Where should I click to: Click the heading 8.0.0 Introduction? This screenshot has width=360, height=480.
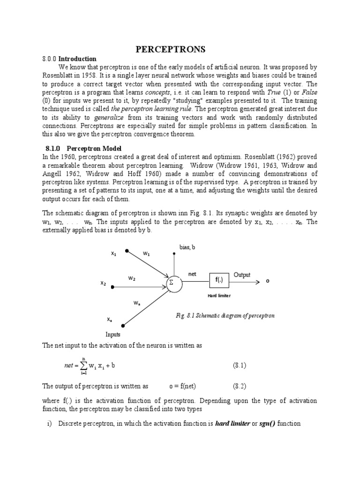(x=69, y=59)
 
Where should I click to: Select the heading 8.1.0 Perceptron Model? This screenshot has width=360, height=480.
(x=77, y=148)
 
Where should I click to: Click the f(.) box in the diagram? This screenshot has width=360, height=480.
(x=219, y=280)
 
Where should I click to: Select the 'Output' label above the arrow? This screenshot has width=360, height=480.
(x=242, y=275)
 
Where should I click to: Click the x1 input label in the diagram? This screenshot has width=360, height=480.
(x=113, y=254)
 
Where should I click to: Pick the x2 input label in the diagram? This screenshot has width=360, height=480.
(x=103, y=283)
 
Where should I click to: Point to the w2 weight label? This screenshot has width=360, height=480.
(x=132, y=278)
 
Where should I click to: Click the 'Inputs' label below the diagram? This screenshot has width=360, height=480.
(x=112, y=334)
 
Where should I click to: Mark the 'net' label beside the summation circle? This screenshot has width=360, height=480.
(x=192, y=274)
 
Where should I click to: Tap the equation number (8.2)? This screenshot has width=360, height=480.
(x=240, y=387)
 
